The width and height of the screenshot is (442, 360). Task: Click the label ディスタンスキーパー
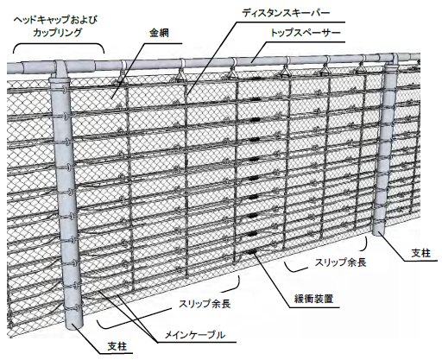285,13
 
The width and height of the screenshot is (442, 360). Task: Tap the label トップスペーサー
306,32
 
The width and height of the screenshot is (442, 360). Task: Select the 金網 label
159,33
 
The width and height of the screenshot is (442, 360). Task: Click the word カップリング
58,32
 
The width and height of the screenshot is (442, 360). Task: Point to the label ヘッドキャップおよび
56,20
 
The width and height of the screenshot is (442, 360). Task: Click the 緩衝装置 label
313,299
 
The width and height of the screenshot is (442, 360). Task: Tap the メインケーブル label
194,335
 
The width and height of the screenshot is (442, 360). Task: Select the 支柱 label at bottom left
117,346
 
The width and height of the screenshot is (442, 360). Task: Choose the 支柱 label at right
420,253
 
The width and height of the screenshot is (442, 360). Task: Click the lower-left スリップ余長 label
205,304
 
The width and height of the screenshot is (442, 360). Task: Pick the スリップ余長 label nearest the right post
340,262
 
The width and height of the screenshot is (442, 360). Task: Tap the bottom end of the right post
379,231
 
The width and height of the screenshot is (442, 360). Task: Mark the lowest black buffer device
252,252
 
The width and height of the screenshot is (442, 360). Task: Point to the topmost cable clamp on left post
64,91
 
